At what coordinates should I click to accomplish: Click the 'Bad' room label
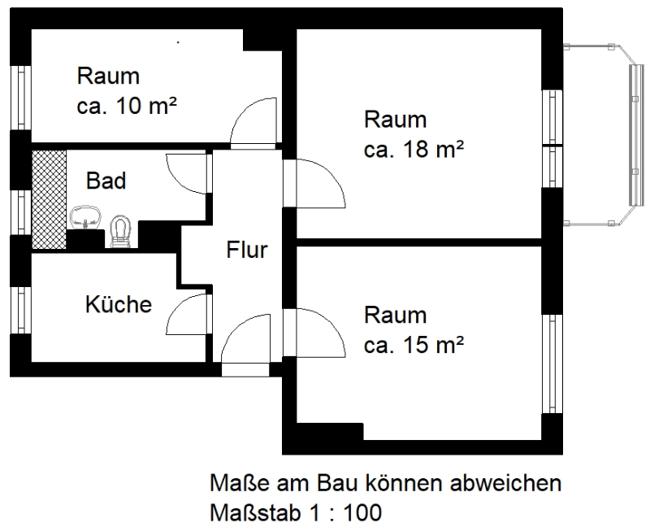point(106,181)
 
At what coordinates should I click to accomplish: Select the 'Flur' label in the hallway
point(247,250)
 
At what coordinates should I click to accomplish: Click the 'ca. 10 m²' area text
point(127,107)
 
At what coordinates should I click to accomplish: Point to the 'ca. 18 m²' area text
point(414,150)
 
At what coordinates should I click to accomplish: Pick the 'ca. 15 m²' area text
point(414,345)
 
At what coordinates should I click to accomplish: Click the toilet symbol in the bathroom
point(120,233)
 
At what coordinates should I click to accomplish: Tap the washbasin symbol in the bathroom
point(85,217)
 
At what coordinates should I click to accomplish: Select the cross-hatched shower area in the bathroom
point(50,199)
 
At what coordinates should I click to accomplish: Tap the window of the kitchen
point(21,310)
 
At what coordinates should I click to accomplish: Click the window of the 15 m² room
point(552,364)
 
